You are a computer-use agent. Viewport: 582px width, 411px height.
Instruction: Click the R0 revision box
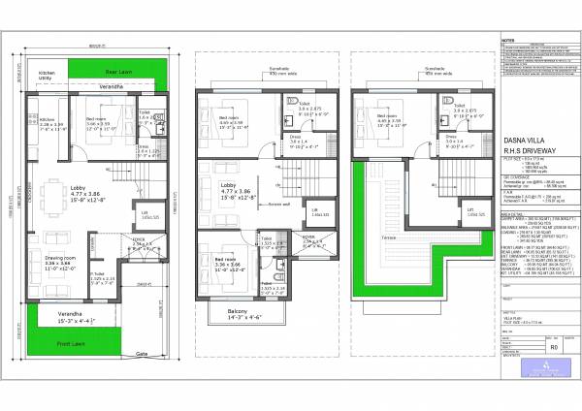(x=554, y=343)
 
